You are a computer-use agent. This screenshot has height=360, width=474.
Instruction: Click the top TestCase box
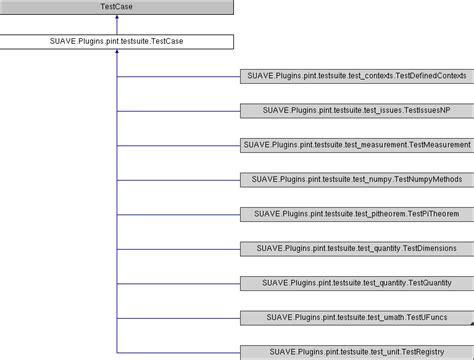click(x=117, y=8)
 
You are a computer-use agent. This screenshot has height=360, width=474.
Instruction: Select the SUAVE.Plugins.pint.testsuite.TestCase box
click(x=117, y=43)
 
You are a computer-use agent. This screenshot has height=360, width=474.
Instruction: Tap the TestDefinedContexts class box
click(x=356, y=77)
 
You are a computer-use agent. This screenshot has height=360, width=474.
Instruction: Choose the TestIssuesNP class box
click(x=356, y=111)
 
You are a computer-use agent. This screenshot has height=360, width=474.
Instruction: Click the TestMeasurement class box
click(x=356, y=145)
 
